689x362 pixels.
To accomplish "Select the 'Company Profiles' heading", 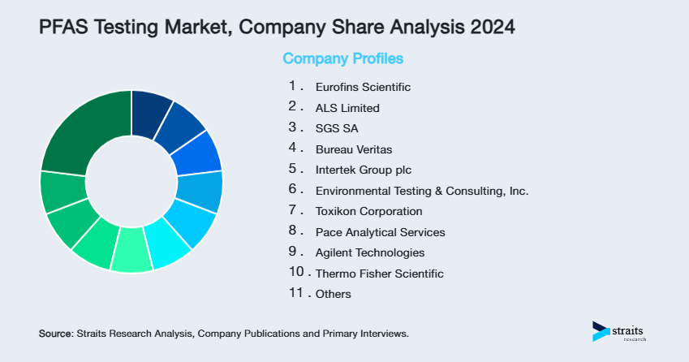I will tap(342, 59).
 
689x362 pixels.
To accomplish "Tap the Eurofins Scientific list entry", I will tap(363, 87).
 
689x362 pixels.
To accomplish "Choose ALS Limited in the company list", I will tap(347, 108).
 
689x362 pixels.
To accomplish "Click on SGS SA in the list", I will tap(336, 128).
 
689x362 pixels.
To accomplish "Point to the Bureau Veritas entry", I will tap(353, 149).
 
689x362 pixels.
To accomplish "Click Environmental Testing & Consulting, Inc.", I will tap(421, 191).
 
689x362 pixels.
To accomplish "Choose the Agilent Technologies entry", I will tap(369, 252).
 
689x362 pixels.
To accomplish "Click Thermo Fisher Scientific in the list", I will tap(379, 274).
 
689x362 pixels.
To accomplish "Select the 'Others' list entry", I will tap(334, 294).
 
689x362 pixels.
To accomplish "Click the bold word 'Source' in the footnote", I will tap(55, 334).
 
